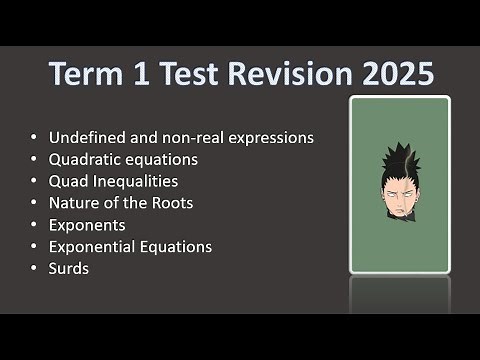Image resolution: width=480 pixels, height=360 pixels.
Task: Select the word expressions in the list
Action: (271, 137)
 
